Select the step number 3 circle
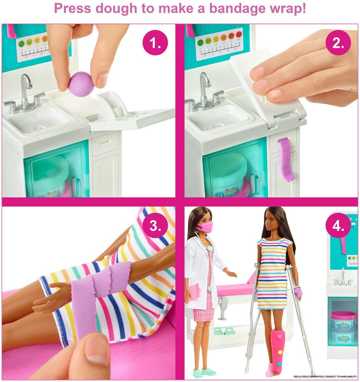pyautogui.click(x=155, y=226)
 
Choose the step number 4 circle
pyautogui.click(x=338, y=226)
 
